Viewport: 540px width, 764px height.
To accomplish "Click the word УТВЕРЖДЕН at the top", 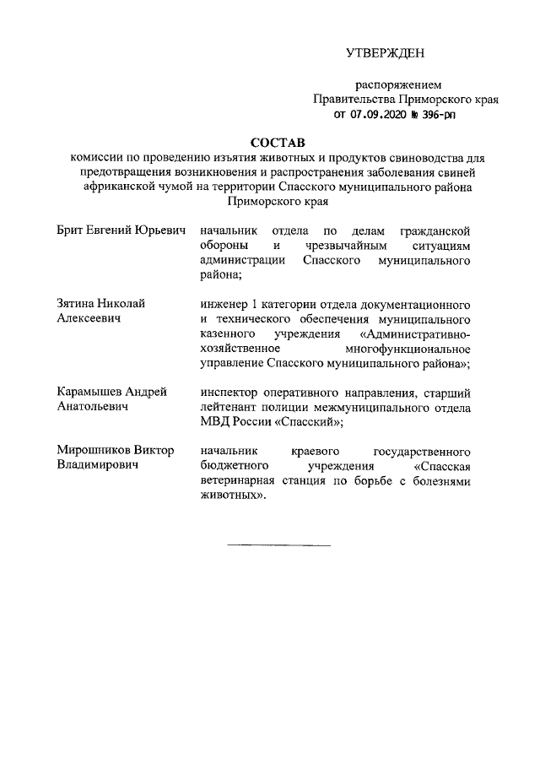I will (386, 53).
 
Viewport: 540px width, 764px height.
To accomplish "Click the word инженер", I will (221, 303).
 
